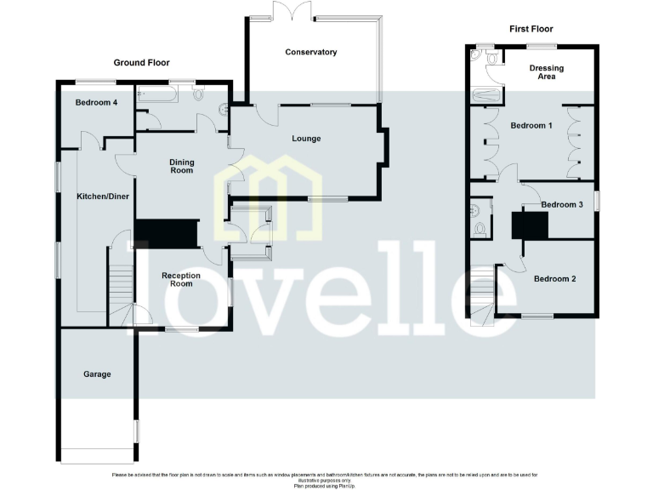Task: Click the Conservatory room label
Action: (311, 52)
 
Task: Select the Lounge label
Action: (306, 138)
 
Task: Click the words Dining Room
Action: (181, 166)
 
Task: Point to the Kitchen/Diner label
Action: (103, 197)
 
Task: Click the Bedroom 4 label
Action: (96, 102)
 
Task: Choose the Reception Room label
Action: (180, 279)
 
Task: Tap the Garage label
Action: (97, 373)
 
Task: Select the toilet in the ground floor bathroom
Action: (199, 94)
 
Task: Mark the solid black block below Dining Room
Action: (166, 231)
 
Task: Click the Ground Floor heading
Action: (142, 62)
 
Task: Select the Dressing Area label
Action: (547, 71)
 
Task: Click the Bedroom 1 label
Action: (531, 125)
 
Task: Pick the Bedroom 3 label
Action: (562, 204)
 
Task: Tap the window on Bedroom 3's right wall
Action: (596, 200)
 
